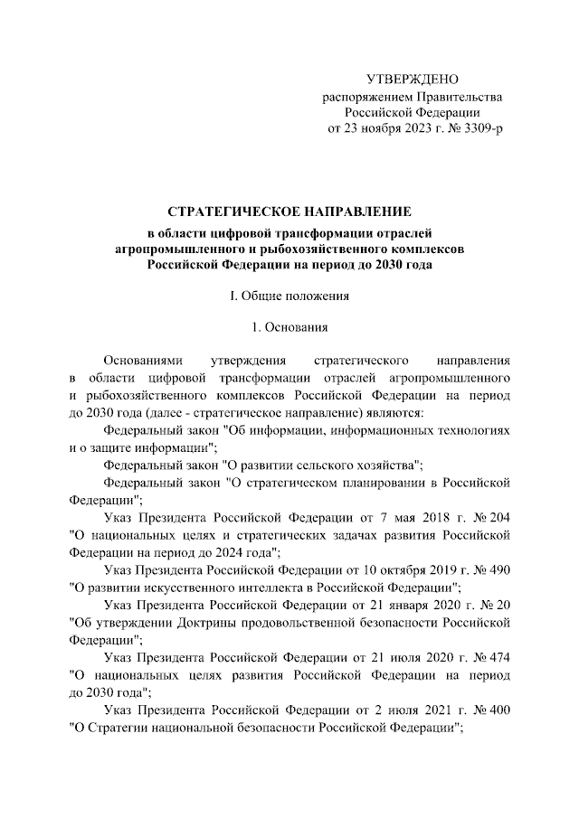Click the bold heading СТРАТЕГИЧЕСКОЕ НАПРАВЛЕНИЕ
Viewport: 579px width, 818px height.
289,212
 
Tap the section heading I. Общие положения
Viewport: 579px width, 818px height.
289,296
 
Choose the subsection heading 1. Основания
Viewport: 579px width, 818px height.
289,328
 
